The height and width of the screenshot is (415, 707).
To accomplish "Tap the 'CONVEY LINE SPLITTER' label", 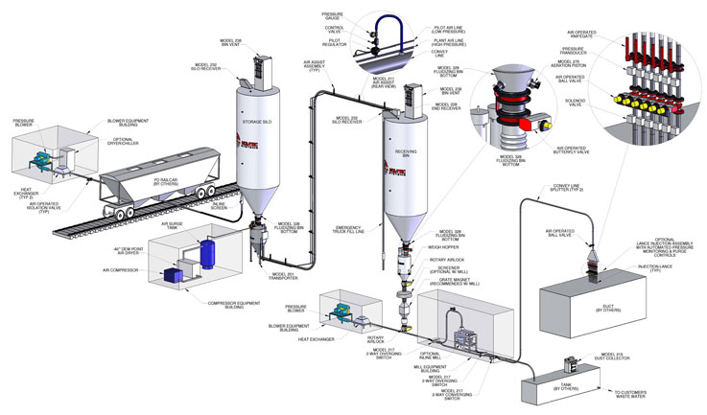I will (565, 188).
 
